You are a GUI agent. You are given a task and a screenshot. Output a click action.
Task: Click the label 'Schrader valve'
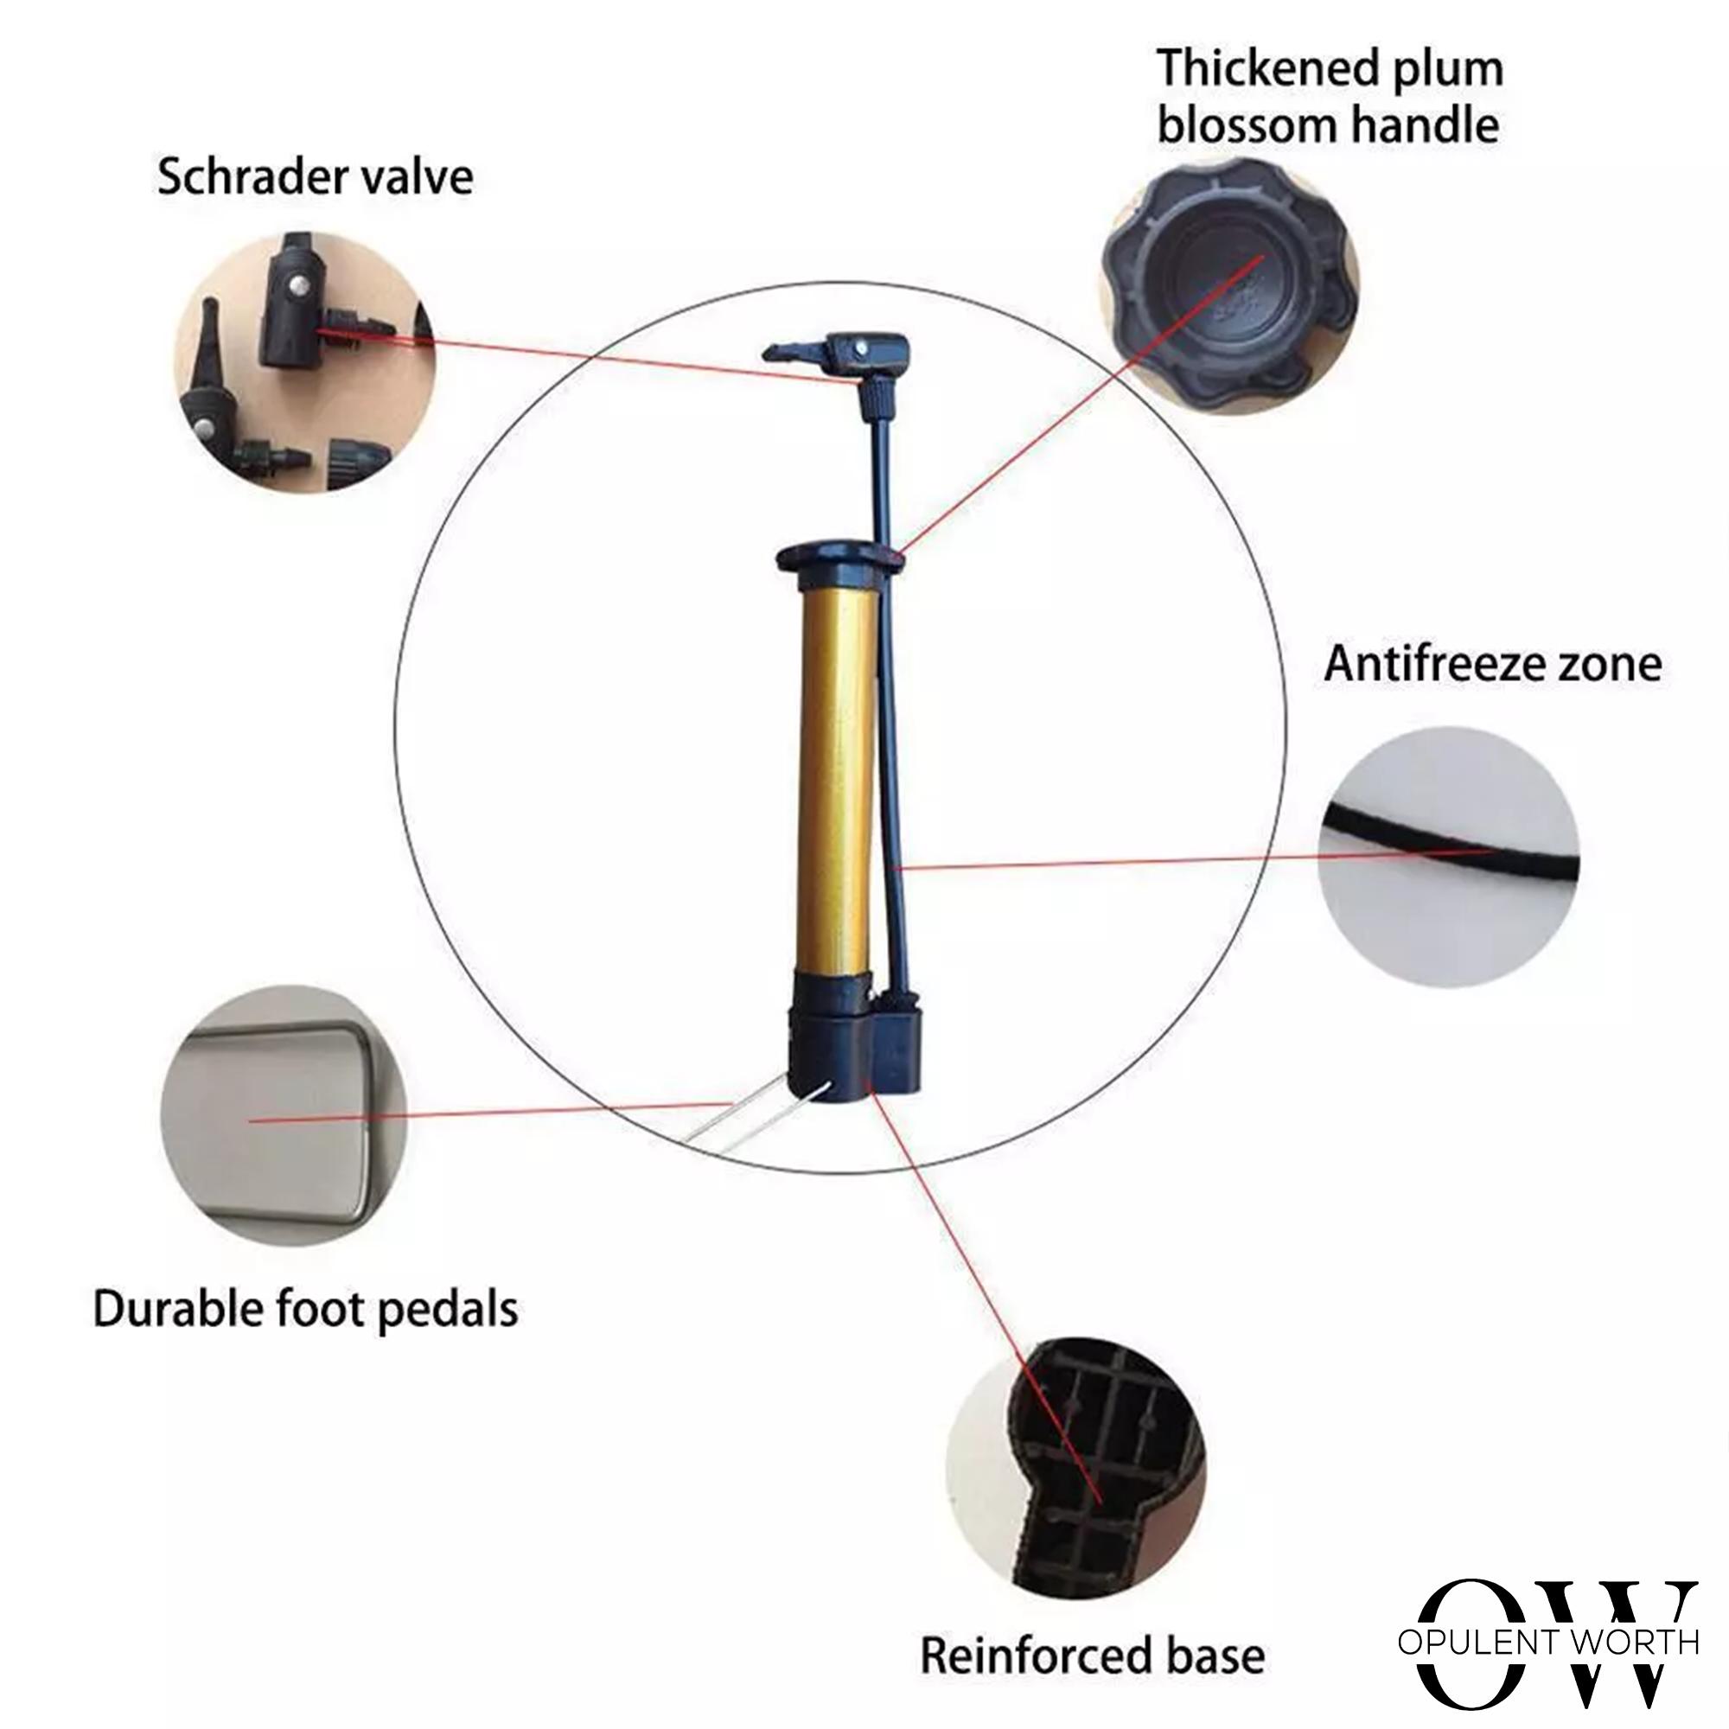(x=315, y=176)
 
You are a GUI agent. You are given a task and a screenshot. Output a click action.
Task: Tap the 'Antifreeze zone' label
(x=1493, y=663)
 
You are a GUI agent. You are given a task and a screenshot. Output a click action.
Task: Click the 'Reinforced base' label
(x=1093, y=1630)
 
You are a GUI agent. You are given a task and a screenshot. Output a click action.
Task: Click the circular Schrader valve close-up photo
(x=304, y=360)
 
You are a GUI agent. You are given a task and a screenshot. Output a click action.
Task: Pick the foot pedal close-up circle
(x=284, y=1116)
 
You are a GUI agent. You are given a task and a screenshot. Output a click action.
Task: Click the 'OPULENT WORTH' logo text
(x=1547, y=1641)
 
